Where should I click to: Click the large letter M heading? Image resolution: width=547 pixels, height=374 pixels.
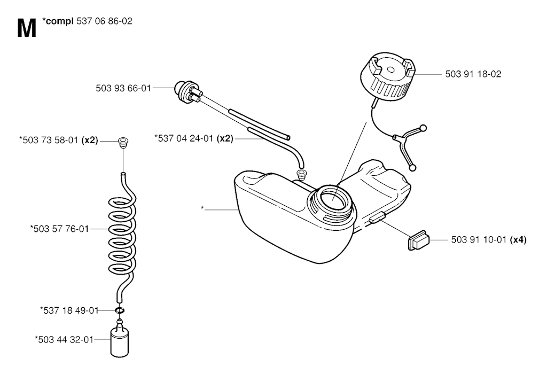(27, 28)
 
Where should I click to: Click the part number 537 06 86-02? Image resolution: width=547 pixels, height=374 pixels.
(104, 21)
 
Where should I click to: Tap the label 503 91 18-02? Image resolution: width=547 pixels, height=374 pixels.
(473, 74)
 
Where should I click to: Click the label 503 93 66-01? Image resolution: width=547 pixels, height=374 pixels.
(123, 88)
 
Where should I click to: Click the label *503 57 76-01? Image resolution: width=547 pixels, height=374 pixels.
(60, 229)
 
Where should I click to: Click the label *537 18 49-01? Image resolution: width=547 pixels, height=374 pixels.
(69, 310)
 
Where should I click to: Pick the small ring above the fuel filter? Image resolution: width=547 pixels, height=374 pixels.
(120, 310)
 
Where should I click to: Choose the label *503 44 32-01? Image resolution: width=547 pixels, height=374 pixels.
(64, 339)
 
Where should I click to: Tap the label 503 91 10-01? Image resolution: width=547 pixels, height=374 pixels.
(479, 240)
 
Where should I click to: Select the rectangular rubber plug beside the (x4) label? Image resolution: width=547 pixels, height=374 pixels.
(419, 240)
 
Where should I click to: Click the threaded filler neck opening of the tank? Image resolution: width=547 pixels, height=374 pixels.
(332, 203)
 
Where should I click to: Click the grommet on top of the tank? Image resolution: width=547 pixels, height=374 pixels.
(301, 174)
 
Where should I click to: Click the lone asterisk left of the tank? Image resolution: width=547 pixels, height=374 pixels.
(202, 208)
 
